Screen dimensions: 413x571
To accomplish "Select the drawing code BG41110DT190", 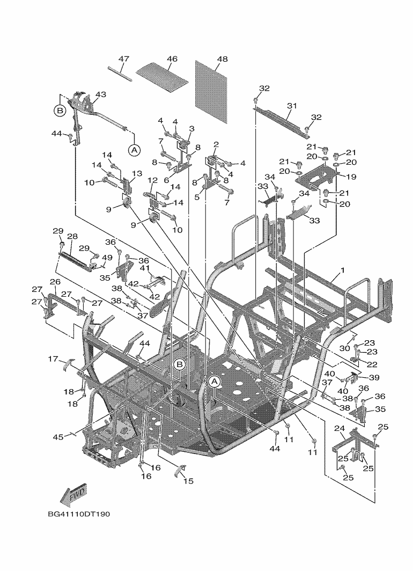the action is (79, 515).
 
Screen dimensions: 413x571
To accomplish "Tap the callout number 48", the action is (222, 58).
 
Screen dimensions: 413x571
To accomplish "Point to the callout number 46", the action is (172, 58).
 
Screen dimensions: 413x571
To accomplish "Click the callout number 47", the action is (124, 58).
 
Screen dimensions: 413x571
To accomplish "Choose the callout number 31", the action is (292, 106).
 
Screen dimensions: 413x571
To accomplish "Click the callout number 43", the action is (100, 94).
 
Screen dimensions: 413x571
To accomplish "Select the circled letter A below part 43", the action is (134, 149).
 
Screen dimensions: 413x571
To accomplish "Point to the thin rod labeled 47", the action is (120, 71).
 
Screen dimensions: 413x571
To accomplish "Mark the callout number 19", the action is (351, 177).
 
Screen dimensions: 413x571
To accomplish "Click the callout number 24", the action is (340, 428).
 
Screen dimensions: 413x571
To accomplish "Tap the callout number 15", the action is (188, 481).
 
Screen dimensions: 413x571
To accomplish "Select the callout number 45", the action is (58, 437).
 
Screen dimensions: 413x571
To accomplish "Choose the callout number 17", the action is (53, 358).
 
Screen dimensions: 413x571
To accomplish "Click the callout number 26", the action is (55, 282).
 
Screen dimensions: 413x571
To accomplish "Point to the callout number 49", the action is (107, 258).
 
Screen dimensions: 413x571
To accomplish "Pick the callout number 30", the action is (344, 348).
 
